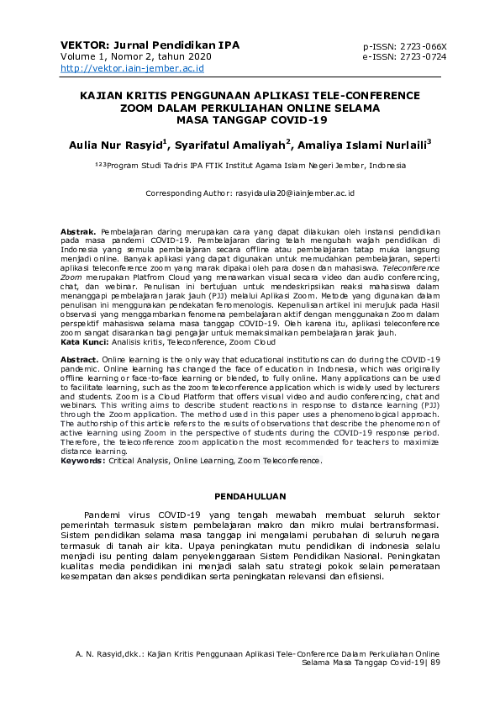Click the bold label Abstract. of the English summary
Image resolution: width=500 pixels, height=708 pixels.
81,359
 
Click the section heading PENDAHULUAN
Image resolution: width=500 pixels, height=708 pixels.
250,496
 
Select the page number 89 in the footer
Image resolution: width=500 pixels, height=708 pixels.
434,663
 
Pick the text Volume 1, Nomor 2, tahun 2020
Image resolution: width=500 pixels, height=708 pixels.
135,56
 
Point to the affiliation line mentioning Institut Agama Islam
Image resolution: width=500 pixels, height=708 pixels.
250,166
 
